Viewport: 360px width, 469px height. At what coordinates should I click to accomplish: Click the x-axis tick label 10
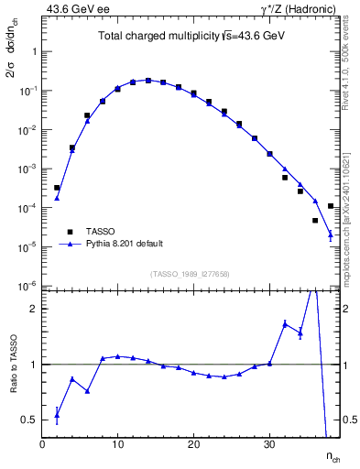(x=117, y=446)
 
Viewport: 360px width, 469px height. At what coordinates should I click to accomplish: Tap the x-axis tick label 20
(x=193, y=446)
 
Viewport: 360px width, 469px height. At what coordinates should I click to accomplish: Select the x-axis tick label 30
(x=269, y=446)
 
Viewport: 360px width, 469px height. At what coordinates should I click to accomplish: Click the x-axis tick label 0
(x=42, y=446)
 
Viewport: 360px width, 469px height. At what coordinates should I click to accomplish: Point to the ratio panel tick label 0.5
(x=30, y=420)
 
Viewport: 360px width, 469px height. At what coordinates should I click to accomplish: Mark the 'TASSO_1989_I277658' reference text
(x=190, y=274)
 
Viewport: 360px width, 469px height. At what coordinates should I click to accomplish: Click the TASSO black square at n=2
(x=57, y=188)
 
